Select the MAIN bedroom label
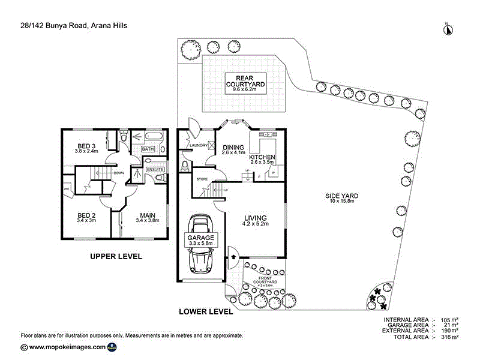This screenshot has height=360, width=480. pyautogui.click(x=148, y=217)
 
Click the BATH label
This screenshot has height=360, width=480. pyautogui.click(x=148, y=149)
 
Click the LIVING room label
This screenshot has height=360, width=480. pyautogui.click(x=255, y=220)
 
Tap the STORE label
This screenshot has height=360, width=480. pyautogui.click(x=202, y=178)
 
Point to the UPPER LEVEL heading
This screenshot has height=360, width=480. pyautogui.click(x=116, y=256)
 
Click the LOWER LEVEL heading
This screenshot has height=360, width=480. pyautogui.click(x=206, y=311)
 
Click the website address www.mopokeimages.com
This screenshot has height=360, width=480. pyautogui.click(x=67, y=347)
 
